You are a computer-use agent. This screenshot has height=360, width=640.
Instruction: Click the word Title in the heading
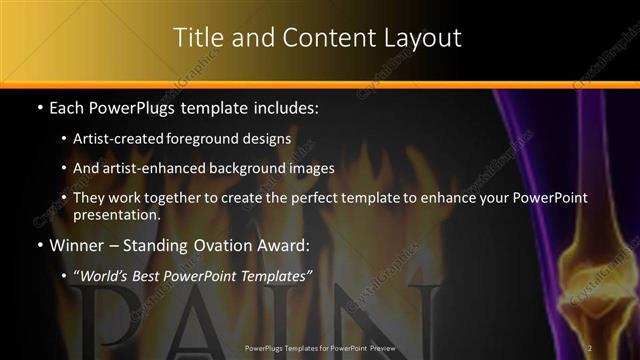[x=197, y=38]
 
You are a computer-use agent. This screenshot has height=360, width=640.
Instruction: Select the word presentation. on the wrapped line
[x=117, y=214]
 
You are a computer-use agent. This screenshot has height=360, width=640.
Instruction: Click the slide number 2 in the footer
[x=590, y=347]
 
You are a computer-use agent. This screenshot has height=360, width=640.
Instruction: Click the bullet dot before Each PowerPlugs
[x=38, y=106]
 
